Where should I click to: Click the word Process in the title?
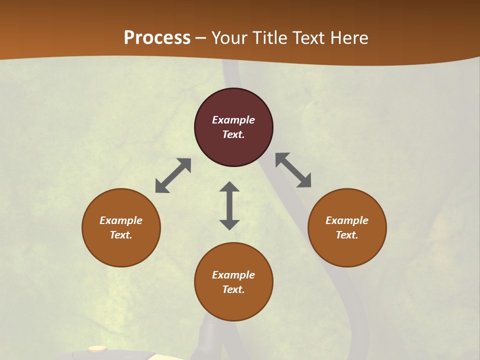coord(157,37)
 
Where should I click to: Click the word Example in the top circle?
coord(233,120)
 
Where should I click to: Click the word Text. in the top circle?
coord(233,134)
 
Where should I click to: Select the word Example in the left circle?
coord(121,220)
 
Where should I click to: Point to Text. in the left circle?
coord(121,235)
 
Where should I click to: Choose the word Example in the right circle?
coord(347,220)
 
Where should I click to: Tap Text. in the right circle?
coord(347,235)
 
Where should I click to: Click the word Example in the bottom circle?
coord(233,275)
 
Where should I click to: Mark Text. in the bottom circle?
coord(233,289)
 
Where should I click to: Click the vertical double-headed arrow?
coord(229,205)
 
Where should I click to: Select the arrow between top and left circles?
coord(173,175)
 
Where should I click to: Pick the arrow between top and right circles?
coord(293,170)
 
